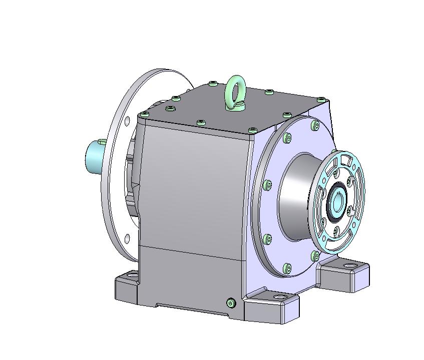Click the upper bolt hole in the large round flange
(x=127, y=120)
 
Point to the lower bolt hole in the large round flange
(x=127, y=237)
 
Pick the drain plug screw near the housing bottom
(x=230, y=302)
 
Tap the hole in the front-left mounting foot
(x=132, y=275)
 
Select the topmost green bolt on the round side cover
(x=314, y=125)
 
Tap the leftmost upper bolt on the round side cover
(x=287, y=138)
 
